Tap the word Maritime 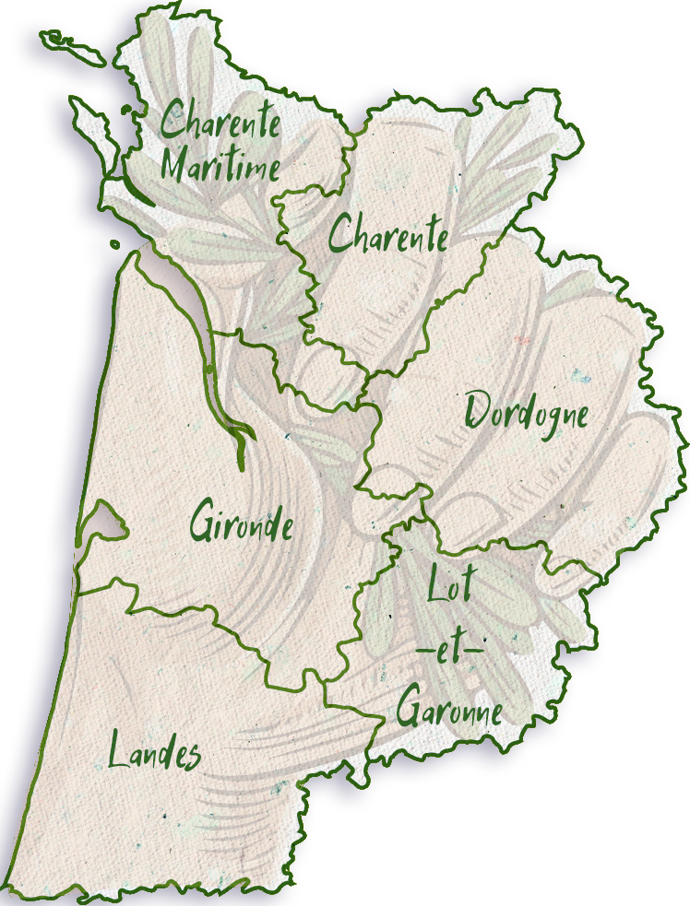220,166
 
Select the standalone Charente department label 388,234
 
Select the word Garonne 449,710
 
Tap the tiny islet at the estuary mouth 114,244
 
